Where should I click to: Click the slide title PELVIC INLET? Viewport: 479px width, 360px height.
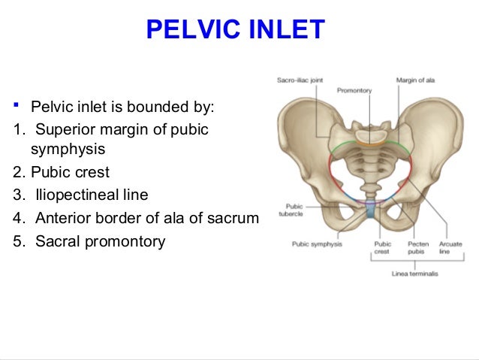236,29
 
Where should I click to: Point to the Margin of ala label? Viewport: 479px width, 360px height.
415,79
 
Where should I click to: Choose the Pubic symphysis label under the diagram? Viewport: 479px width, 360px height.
316,244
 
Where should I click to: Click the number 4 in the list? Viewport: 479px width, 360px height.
18,219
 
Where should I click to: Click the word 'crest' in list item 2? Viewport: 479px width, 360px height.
90,172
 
